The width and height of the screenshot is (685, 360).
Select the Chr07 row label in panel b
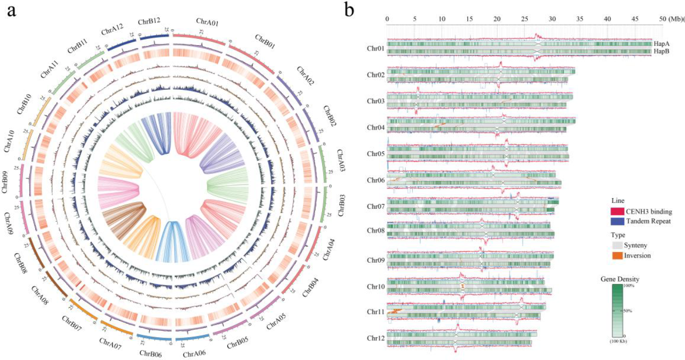click(376, 207)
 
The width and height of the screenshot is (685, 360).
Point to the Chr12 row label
click(376, 339)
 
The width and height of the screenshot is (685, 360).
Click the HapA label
click(662, 44)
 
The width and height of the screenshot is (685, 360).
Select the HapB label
click(662, 52)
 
